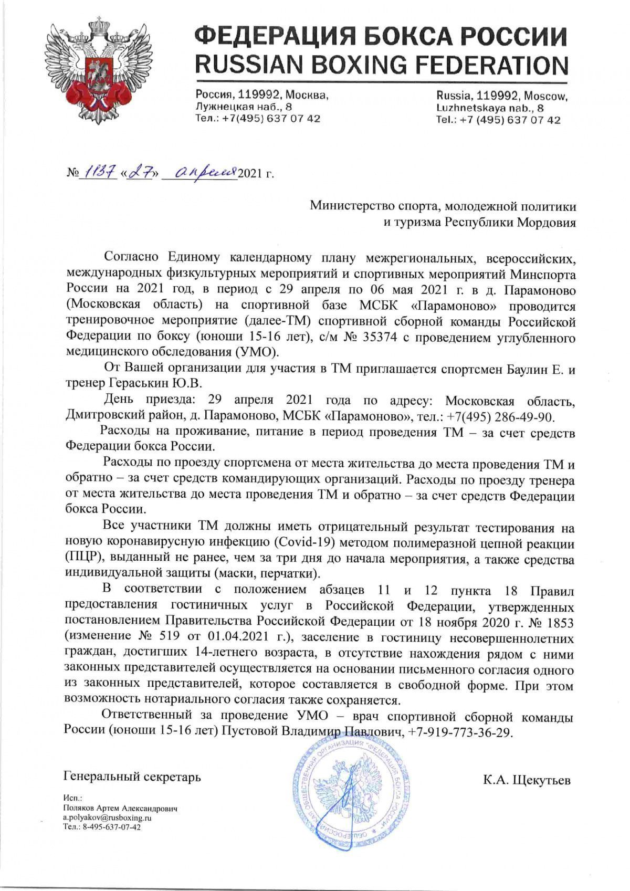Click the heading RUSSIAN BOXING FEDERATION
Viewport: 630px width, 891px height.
(381, 65)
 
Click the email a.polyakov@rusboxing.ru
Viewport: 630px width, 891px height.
(107, 818)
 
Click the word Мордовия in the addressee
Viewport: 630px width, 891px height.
(548, 222)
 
